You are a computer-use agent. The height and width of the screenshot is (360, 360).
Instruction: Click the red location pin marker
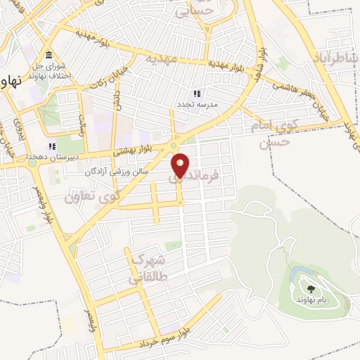click(x=181, y=165)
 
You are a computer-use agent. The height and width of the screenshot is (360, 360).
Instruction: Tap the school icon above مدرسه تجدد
click(x=198, y=93)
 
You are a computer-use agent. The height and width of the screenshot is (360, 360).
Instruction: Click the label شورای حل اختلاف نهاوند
click(x=48, y=70)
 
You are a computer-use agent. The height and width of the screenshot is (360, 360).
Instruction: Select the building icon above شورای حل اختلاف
click(x=49, y=56)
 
